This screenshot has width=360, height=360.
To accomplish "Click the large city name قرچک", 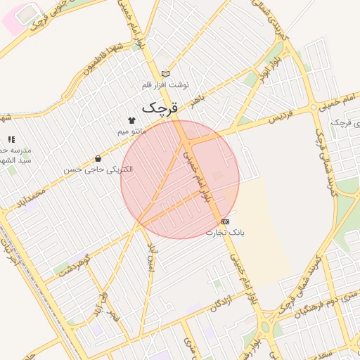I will click(161, 108).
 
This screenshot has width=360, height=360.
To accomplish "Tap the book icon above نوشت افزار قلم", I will click(166, 73).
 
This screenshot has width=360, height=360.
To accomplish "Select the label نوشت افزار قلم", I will click(166, 84).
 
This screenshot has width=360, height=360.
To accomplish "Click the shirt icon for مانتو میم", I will click(131, 120).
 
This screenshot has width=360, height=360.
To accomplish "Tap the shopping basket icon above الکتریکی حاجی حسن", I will click(98, 159).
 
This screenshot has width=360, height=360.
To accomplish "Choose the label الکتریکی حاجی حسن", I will click(98, 169).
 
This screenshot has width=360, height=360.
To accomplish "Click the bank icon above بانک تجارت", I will click(225, 221).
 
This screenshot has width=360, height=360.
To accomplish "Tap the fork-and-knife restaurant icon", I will click(10, 140).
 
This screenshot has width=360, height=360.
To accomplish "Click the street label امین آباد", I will click(149, 259).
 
